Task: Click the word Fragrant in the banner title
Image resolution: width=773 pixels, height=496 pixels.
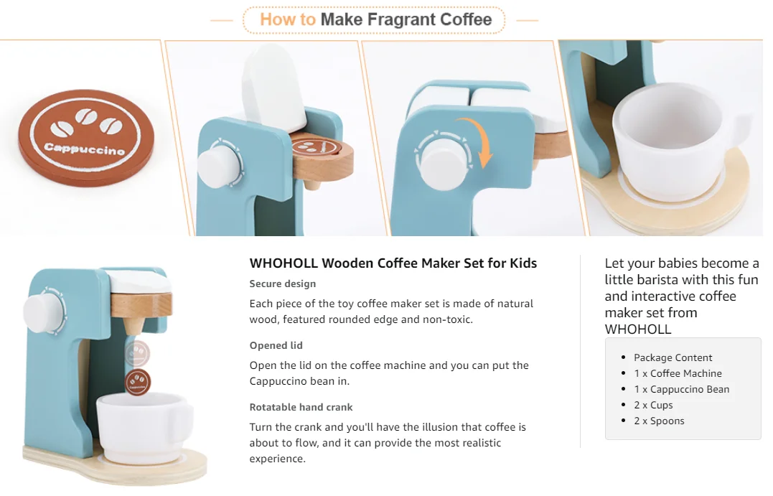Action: tap(401, 19)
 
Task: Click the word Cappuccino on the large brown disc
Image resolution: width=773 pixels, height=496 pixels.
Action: tap(84, 149)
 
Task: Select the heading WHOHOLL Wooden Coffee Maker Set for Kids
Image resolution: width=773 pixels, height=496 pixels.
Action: tap(393, 263)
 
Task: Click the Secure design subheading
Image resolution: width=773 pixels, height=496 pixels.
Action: tap(283, 284)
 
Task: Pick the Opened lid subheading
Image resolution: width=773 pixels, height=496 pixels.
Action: tap(276, 346)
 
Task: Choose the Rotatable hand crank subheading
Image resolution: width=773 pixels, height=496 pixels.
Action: tap(301, 407)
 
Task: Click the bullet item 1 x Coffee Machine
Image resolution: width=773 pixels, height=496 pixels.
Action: tap(678, 374)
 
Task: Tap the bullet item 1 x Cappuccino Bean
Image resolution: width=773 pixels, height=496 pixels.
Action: tap(682, 390)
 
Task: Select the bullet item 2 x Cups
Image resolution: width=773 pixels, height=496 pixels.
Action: tap(653, 406)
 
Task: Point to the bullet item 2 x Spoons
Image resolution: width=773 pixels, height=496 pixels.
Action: tap(659, 421)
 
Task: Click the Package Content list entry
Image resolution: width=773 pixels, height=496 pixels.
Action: tap(673, 358)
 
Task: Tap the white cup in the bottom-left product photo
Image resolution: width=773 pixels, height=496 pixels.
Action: tap(143, 428)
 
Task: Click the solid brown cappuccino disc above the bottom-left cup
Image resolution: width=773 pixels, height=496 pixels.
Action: tap(138, 382)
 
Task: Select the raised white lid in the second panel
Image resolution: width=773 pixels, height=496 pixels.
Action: tap(274, 91)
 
